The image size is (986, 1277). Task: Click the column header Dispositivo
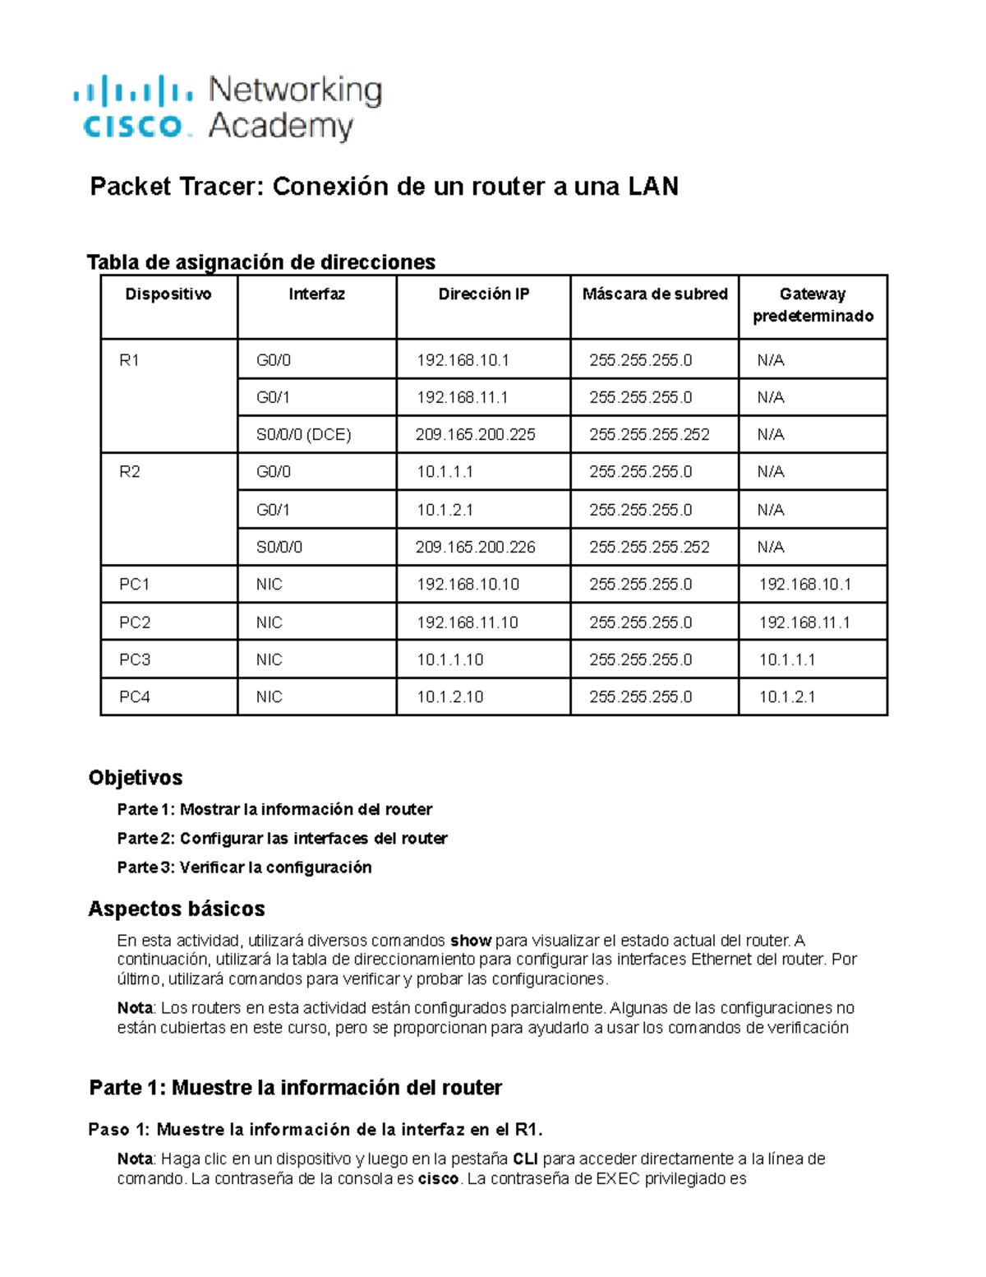tap(168, 294)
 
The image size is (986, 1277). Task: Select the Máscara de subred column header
tap(655, 294)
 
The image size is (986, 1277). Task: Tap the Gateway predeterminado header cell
tap(813, 305)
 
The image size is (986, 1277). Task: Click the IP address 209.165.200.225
tap(475, 435)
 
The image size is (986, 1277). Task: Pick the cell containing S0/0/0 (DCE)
tap(303, 435)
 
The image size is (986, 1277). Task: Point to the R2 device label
tap(130, 472)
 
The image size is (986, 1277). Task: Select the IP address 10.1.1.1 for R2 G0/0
tap(445, 472)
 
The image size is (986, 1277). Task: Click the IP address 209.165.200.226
tap(475, 548)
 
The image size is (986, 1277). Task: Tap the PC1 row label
tap(135, 585)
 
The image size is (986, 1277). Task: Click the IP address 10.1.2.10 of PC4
tap(449, 697)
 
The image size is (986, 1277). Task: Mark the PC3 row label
tap(135, 659)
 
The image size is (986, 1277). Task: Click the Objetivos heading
tap(136, 778)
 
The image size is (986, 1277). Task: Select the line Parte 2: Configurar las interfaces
tap(282, 839)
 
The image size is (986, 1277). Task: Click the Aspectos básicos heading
tap(177, 909)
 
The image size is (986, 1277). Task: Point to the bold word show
tap(471, 941)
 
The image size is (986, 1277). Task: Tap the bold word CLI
tap(526, 1159)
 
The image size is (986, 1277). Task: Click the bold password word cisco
tap(438, 1179)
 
